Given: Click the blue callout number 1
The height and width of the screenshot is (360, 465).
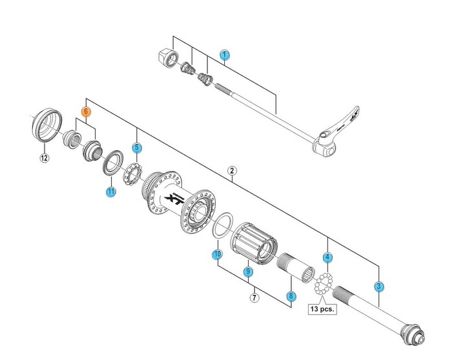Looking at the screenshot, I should pos(225,55).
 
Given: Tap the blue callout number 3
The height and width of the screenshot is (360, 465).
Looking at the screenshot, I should pos(379,286).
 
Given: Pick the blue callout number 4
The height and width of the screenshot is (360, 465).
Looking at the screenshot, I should pos(327,257).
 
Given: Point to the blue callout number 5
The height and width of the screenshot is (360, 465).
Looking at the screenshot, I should pos(137,148).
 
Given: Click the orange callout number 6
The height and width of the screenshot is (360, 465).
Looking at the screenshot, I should pos(85,112).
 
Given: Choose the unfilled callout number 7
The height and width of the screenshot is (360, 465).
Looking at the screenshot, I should pos(254,297).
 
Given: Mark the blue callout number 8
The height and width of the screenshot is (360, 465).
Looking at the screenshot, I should pos(291,296).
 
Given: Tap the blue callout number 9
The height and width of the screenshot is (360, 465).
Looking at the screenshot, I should pos(247,272).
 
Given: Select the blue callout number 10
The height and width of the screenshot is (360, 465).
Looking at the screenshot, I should pos(217,254).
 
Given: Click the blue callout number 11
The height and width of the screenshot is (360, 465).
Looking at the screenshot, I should pos(111,192).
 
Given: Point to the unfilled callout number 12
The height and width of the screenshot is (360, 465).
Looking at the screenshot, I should pos(44,157).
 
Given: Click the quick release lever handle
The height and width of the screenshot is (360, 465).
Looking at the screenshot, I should pos(340,126).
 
